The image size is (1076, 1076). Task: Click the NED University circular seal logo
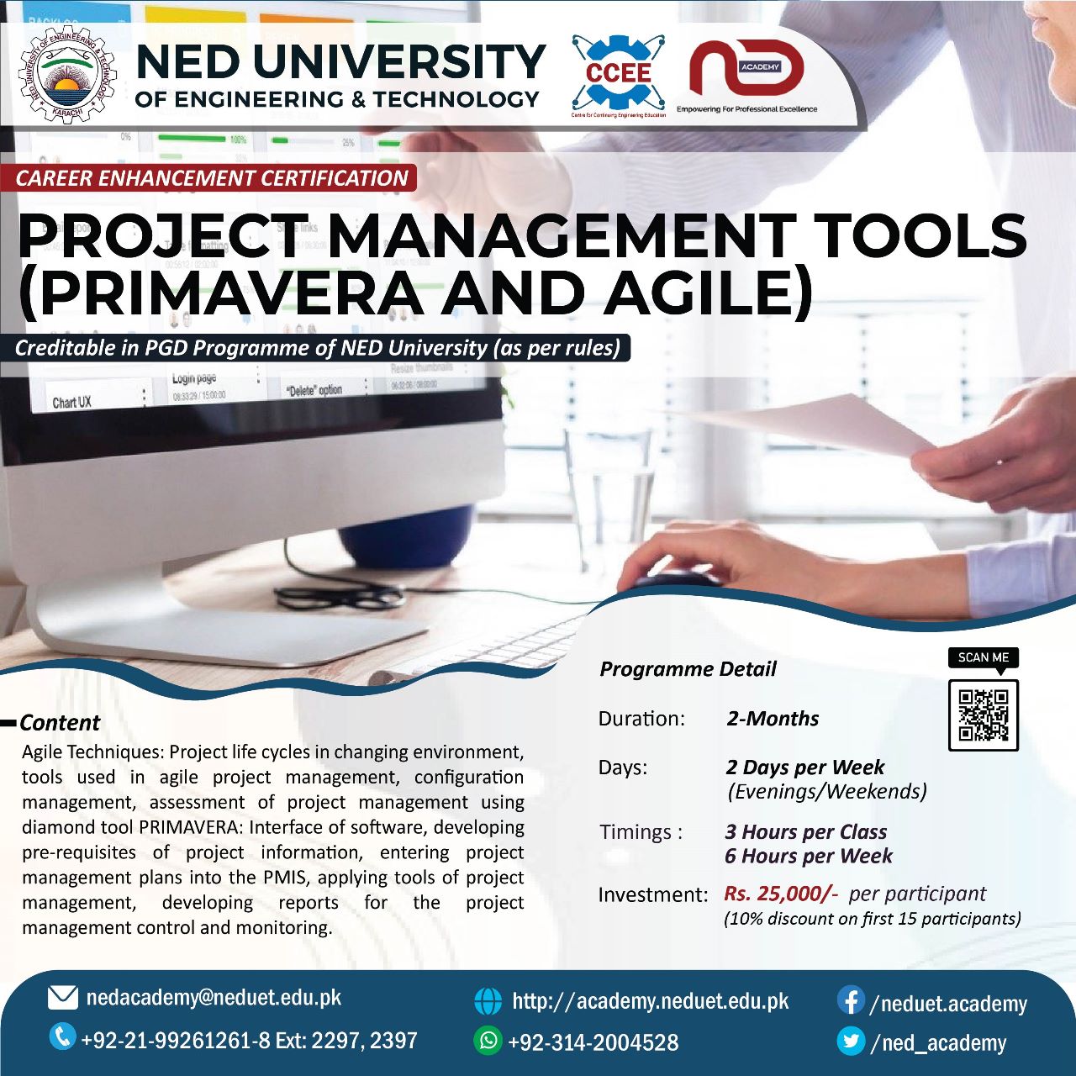coord(67,78)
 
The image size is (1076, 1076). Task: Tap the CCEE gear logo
coord(619,74)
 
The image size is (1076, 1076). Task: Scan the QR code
coord(983,715)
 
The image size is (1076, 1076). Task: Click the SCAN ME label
coord(983,657)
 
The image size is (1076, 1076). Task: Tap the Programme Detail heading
coord(688,669)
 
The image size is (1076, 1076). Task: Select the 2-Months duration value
coord(773,719)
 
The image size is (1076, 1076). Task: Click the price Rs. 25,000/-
coord(781,894)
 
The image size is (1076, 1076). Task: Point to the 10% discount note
coord(872,919)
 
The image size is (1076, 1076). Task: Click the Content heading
coord(60,723)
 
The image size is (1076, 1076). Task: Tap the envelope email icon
coord(63,998)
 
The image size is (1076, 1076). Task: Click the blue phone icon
coord(62,1036)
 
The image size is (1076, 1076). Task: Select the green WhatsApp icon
coord(488,1040)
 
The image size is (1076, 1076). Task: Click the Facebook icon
coord(851,1001)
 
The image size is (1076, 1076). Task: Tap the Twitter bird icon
coord(851,1042)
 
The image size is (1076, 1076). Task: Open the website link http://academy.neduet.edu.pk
coord(650,1001)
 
